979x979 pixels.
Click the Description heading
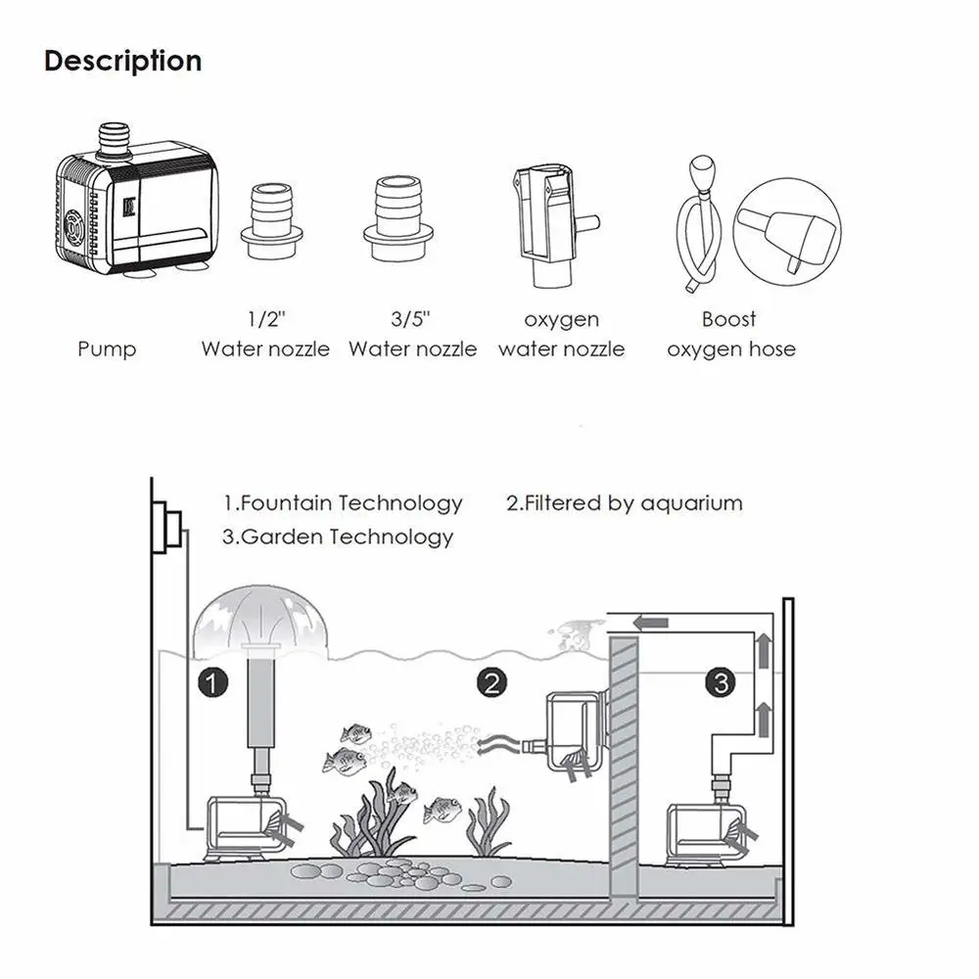(x=123, y=61)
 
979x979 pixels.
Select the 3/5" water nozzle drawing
(x=398, y=218)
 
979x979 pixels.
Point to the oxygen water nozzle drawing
(x=544, y=223)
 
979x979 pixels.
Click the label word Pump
(x=107, y=350)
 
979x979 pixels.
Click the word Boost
(x=729, y=319)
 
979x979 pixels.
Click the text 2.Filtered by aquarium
(x=624, y=503)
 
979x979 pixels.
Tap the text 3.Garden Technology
(x=338, y=536)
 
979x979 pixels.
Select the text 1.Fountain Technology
(x=343, y=503)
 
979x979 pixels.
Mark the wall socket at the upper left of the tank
(x=169, y=529)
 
